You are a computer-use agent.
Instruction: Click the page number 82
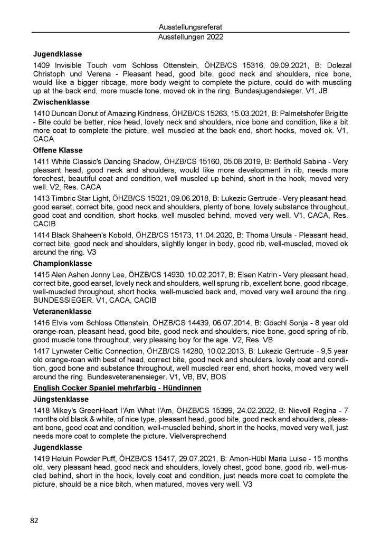(x=34, y=520)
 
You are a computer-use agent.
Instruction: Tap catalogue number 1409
(x=42, y=64)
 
